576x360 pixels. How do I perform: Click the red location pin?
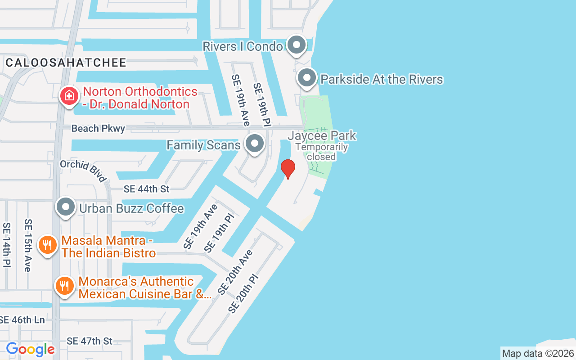point(288,169)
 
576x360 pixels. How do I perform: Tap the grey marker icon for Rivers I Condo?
point(296,45)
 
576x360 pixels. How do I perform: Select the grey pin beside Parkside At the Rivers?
point(307,78)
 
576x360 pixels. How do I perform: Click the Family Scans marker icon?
point(255,144)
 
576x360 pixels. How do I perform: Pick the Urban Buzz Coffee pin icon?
point(66,207)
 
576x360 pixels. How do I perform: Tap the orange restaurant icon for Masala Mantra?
point(47,245)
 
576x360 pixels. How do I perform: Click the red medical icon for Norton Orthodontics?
point(69,96)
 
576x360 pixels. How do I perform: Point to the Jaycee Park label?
point(322,135)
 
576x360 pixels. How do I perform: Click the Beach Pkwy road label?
point(98,129)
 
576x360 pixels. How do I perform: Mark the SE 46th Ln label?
point(22,320)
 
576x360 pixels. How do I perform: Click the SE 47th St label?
point(90,341)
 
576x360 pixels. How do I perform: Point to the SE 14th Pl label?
point(7,245)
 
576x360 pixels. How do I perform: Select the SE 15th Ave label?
point(28,245)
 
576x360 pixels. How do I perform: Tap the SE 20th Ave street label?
point(235,272)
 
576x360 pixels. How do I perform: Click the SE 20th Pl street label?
point(244,294)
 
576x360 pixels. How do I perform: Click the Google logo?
point(30,349)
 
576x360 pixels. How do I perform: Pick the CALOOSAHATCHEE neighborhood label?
point(66,63)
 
